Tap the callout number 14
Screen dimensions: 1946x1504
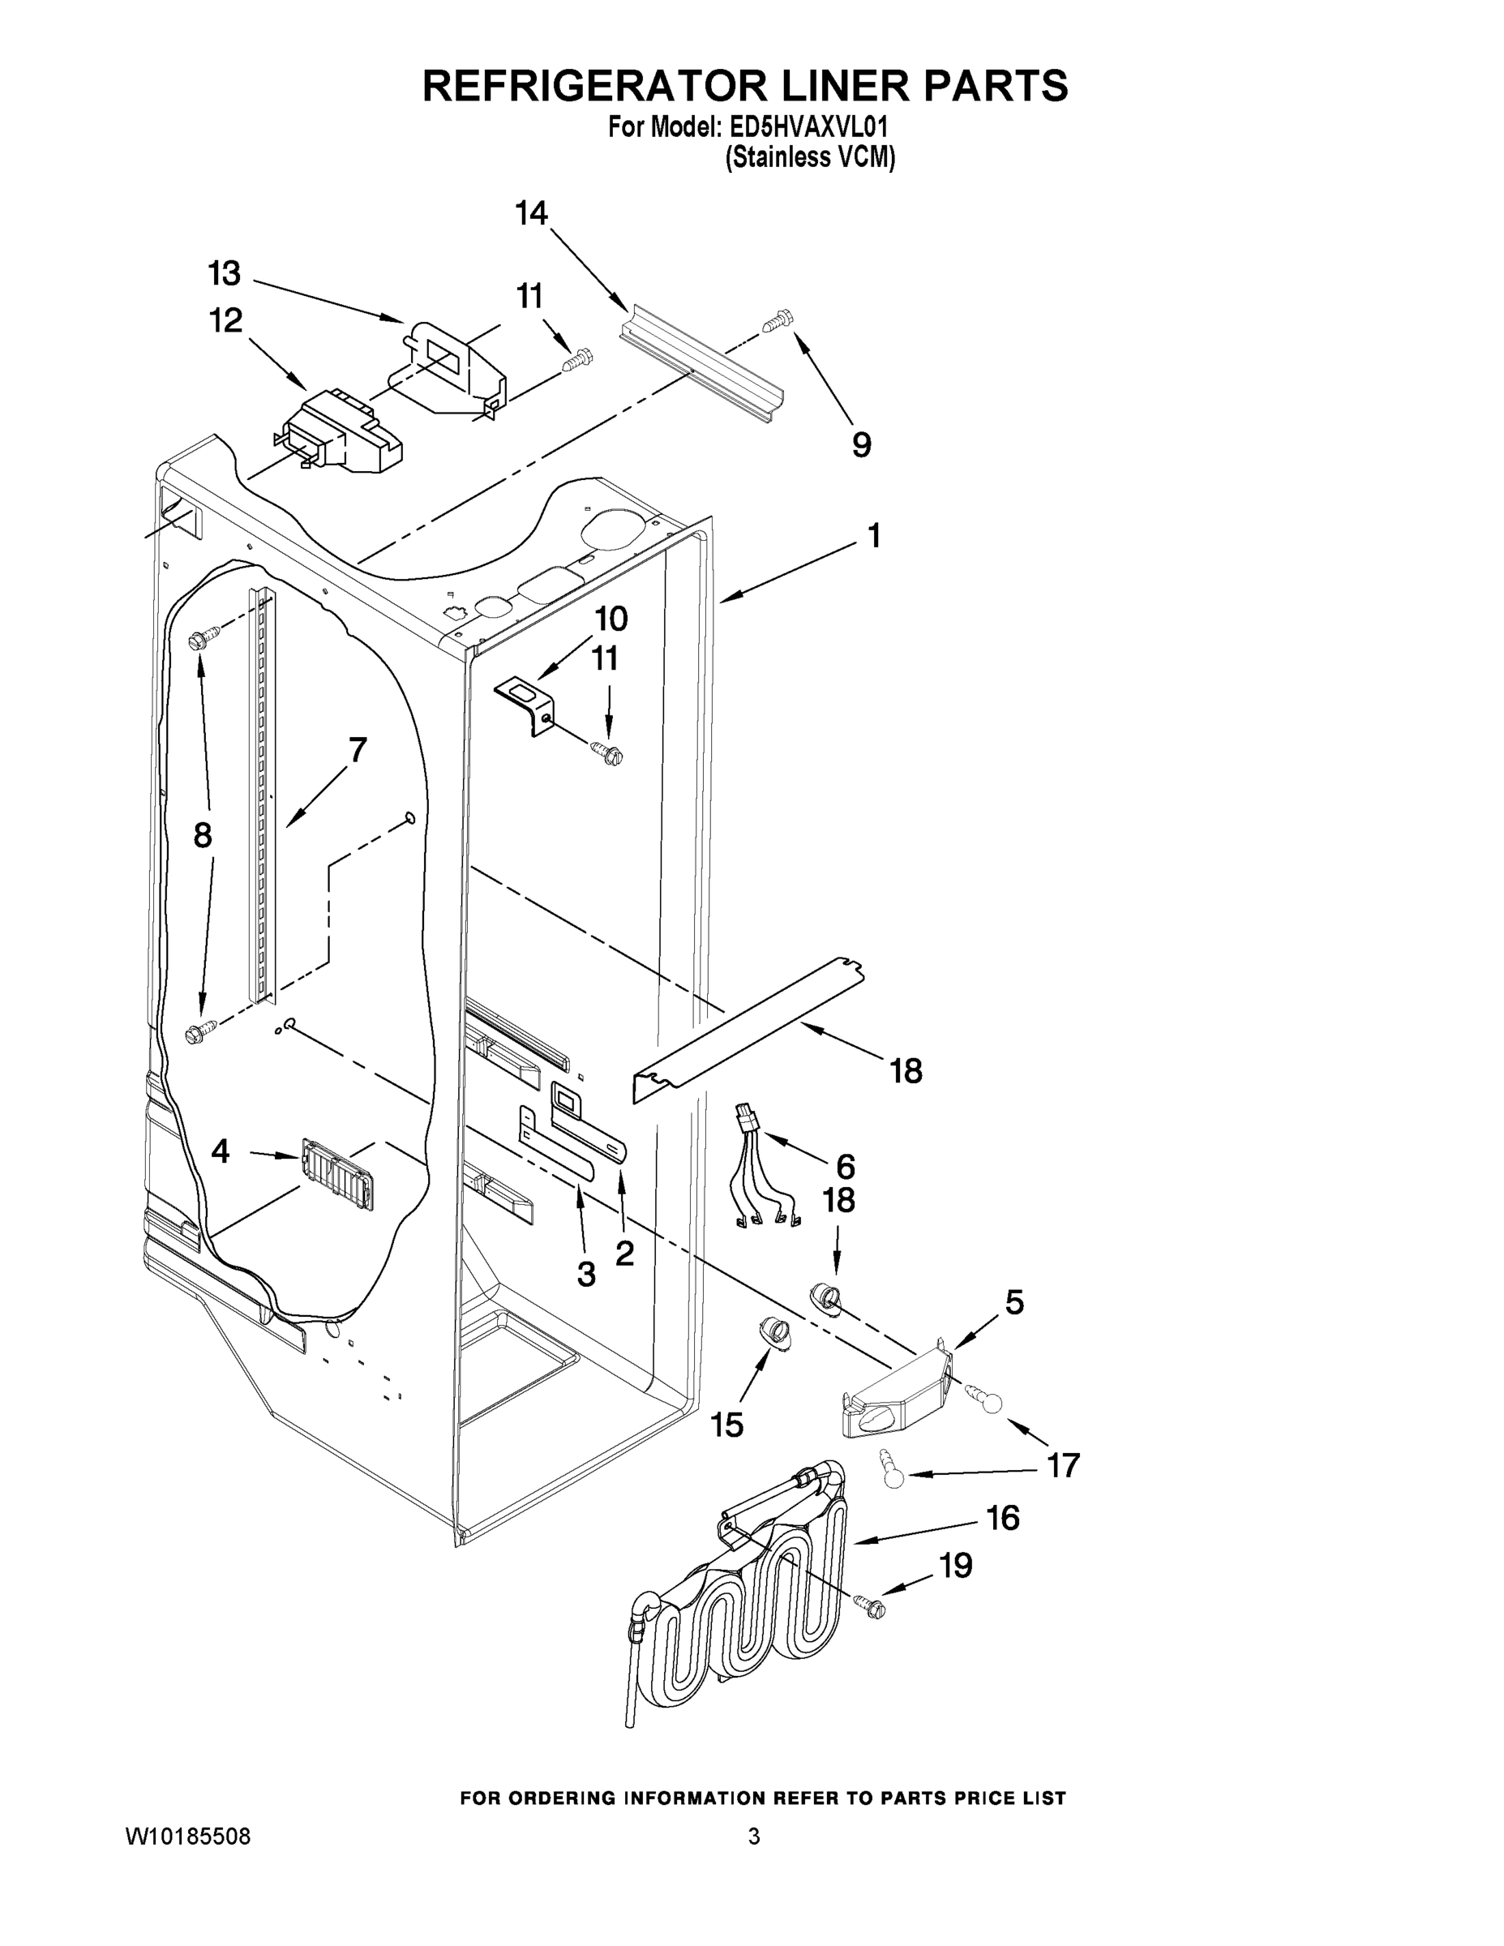click(531, 214)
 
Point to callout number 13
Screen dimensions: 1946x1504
click(225, 273)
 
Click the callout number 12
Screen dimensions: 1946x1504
click(225, 321)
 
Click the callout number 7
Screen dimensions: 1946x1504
click(358, 751)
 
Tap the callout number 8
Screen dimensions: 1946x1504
click(204, 835)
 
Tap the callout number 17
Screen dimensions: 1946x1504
click(1063, 1465)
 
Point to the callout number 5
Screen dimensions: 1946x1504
click(1014, 1304)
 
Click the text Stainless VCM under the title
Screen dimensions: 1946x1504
click(809, 158)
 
